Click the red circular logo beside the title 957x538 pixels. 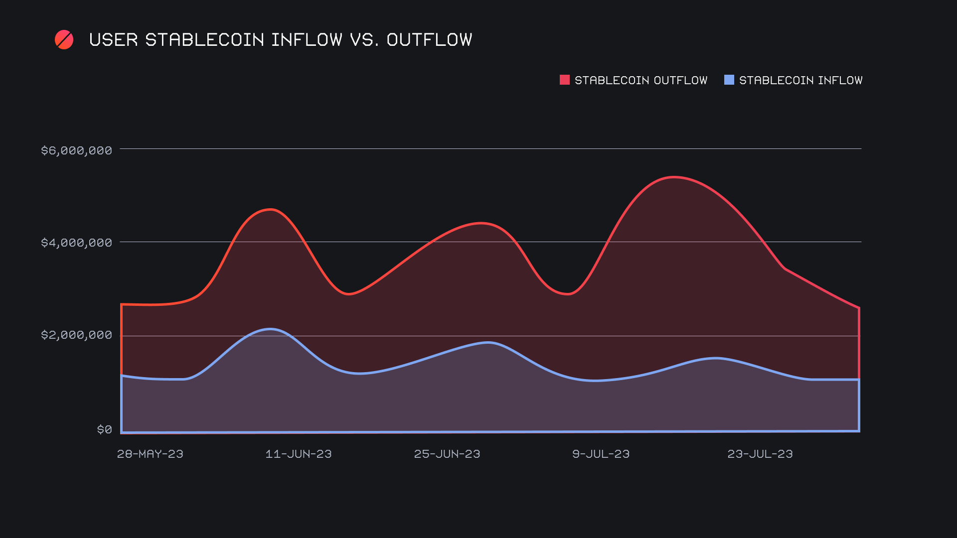click(x=64, y=40)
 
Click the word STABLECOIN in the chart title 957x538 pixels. click(x=204, y=40)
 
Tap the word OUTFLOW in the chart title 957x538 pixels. click(x=429, y=40)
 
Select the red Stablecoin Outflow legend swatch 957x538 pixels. click(x=564, y=80)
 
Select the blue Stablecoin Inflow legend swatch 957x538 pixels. click(x=729, y=80)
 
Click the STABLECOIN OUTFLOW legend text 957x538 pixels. click(x=641, y=80)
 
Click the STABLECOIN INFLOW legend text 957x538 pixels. click(x=800, y=80)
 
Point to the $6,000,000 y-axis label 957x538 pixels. click(x=76, y=150)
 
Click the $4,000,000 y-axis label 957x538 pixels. click(x=76, y=243)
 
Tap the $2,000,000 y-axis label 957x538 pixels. click(x=76, y=335)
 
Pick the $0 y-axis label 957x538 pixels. click(x=104, y=429)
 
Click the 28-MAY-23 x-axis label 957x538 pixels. click(x=150, y=454)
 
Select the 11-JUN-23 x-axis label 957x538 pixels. click(x=299, y=454)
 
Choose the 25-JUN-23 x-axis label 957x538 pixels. click(x=447, y=454)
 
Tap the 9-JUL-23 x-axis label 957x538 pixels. click(x=601, y=454)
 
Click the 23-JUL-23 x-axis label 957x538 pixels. click(x=760, y=454)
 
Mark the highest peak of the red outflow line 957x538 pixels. click(x=674, y=177)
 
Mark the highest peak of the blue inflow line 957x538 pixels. click(x=270, y=329)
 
